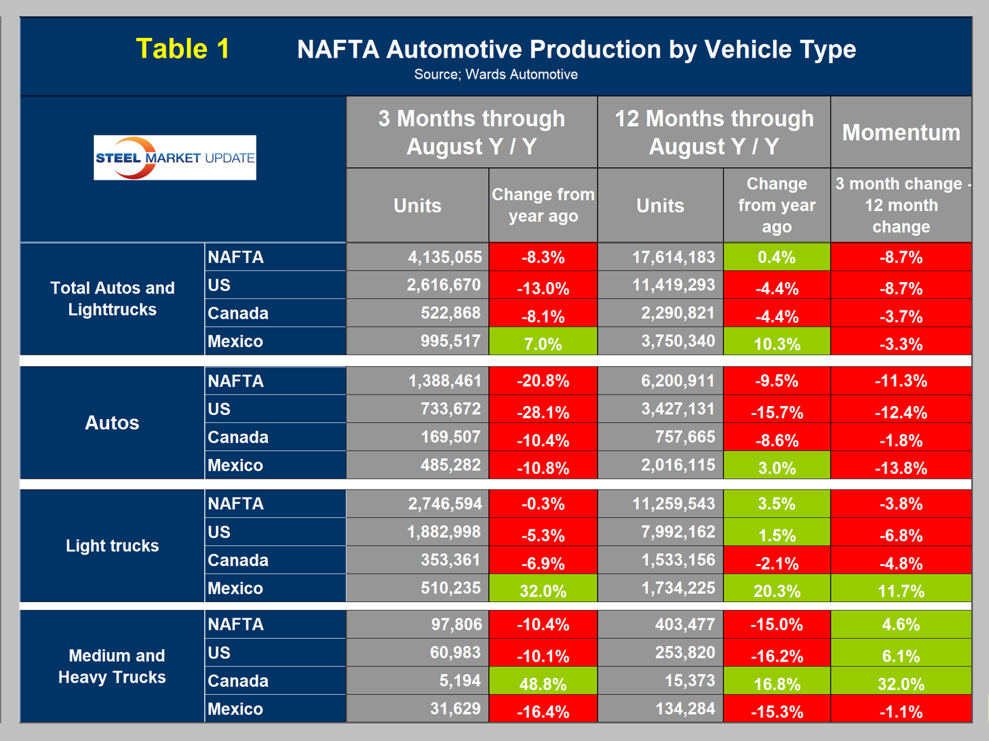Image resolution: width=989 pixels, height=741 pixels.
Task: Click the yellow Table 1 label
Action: coord(182,49)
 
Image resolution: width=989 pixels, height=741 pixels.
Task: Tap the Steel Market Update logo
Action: coord(175,158)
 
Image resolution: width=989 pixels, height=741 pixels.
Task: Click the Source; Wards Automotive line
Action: coord(496,75)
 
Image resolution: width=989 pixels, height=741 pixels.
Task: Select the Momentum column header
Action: coord(901,132)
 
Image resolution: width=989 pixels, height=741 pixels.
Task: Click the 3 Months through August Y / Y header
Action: coord(471,132)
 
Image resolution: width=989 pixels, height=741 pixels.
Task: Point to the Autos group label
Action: coord(112,423)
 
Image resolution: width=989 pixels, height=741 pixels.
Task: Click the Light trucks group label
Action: coord(112,546)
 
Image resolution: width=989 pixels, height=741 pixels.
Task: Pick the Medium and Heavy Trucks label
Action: coord(112,666)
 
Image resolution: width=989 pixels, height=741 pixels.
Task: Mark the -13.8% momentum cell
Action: coord(901,468)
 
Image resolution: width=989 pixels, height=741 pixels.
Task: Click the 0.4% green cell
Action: coord(777,258)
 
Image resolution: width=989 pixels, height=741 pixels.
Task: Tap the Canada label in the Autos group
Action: coord(238,437)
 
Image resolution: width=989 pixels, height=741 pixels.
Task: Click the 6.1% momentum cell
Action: coord(901,656)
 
